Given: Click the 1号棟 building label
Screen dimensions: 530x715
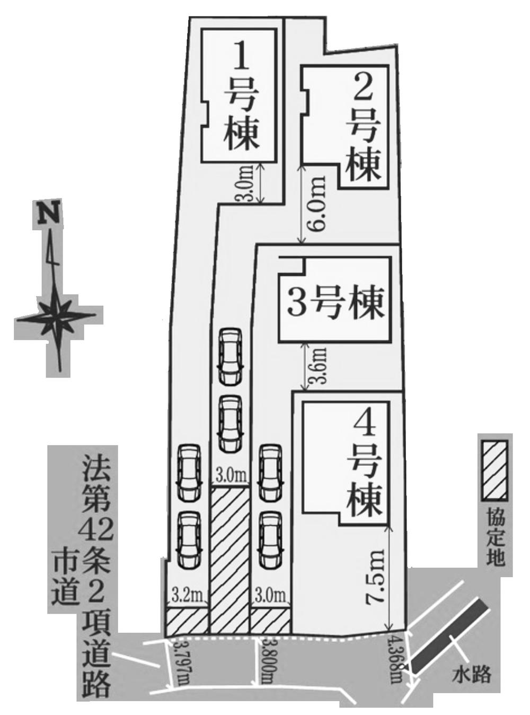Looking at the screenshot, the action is [x=242, y=99].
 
